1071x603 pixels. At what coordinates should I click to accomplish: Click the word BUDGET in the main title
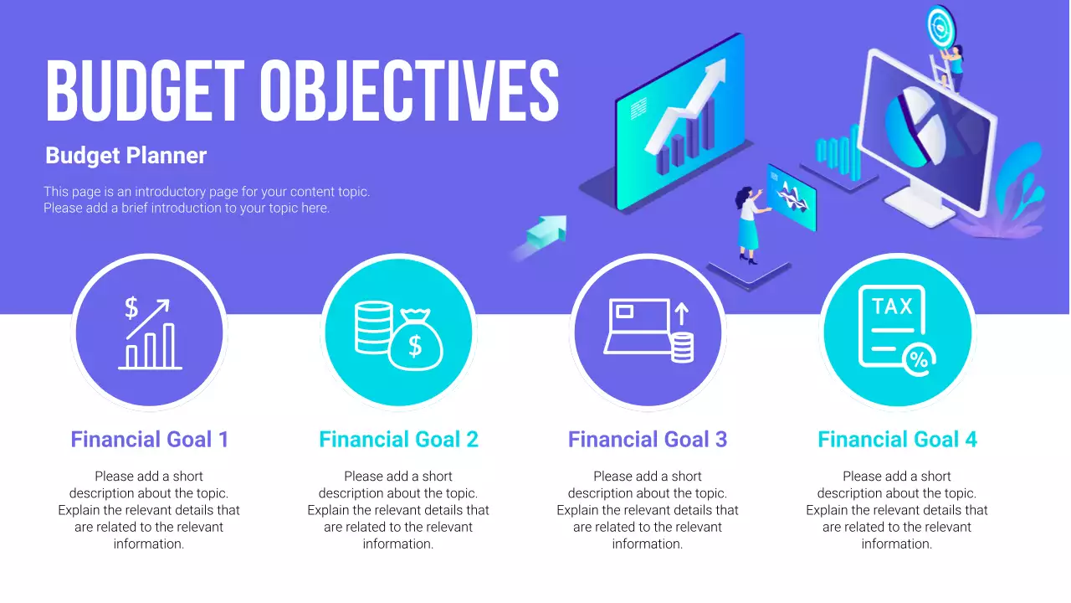pyautogui.click(x=146, y=91)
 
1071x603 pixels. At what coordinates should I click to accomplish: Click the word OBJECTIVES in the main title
pyautogui.click(x=410, y=91)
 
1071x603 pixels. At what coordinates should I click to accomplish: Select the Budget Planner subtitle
pyautogui.click(x=126, y=156)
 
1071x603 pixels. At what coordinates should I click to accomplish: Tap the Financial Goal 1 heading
pyautogui.click(x=150, y=440)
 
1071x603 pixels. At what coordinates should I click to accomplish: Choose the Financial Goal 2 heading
pyautogui.click(x=399, y=440)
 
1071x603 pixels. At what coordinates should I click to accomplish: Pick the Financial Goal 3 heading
pyautogui.click(x=648, y=440)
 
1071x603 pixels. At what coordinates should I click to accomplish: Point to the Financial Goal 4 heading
pyautogui.click(x=898, y=440)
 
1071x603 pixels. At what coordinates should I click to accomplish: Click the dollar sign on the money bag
pyautogui.click(x=415, y=346)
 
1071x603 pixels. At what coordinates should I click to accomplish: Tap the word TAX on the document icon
pyautogui.click(x=892, y=307)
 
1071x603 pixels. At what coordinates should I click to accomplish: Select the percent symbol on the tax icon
pyautogui.click(x=919, y=360)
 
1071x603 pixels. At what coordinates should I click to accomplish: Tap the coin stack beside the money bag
pyautogui.click(x=373, y=327)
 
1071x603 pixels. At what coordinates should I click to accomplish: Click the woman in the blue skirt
pyautogui.click(x=749, y=225)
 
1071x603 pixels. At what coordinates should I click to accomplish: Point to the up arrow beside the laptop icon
pyautogui.click(x=682, y=314)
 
